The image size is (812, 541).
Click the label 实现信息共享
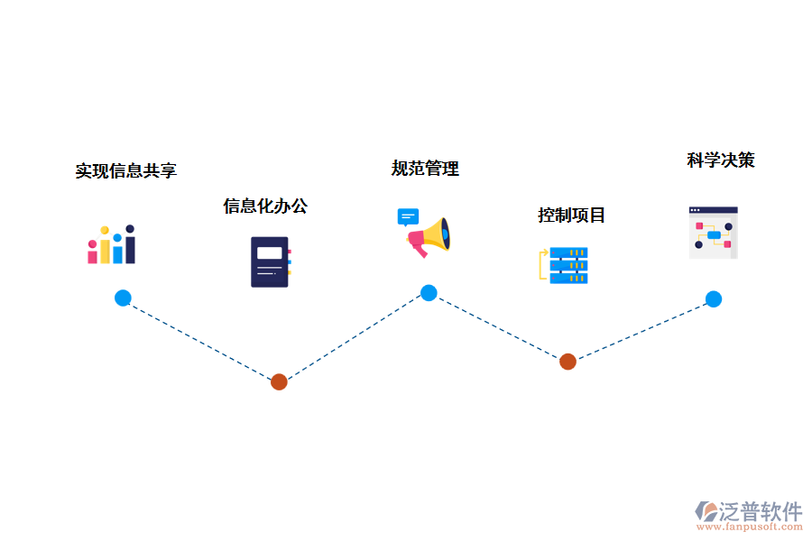click(x=125, y=170)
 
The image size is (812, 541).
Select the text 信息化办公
click(x=265, y=206)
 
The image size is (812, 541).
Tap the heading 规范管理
click(x=425, y=169)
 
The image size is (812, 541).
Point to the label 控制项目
click(x=571, y=215)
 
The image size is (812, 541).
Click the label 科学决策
click(x=720, y=160)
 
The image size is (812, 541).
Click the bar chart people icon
click(x=111, y=245)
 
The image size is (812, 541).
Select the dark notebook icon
click(x=270, y=261)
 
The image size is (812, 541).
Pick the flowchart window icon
click(x=713, y=234)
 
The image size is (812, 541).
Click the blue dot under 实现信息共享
click(x=123, y=298)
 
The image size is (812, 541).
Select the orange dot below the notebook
click(x=279, y=381)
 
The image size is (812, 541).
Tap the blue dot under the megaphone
click(x=429, y=293)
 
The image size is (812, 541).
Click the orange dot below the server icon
click(x=567, y=362)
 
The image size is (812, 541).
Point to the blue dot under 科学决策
click(x=713, y=299)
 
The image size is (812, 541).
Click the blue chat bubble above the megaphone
click(x=408, y=216)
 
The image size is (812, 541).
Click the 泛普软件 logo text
click(x=760, y=511)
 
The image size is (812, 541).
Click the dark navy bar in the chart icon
click(x=130, y=246)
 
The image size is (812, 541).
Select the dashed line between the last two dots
click(x=641, y=330)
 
